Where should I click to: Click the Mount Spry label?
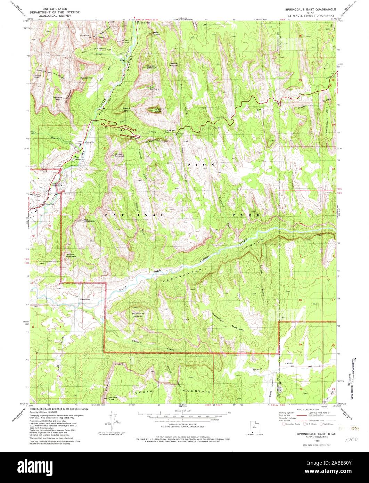(x=126, y=109)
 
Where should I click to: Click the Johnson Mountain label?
(x=71, y=255)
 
